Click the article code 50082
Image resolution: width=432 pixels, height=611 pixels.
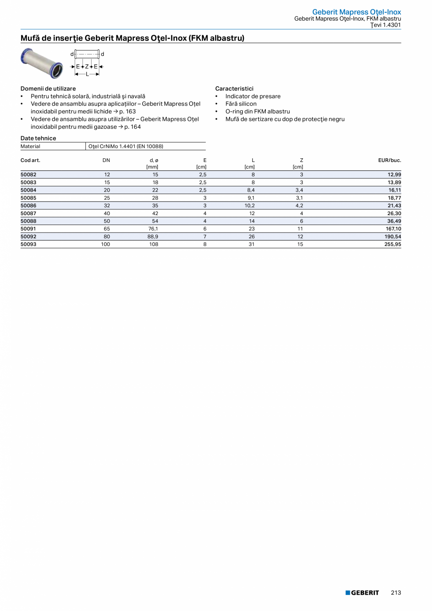[x=29, y=175]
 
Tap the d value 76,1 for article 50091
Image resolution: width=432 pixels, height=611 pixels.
[x=153, y=229]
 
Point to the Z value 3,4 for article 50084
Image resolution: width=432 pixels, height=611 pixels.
[x=299, y=190]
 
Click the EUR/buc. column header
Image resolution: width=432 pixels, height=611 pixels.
[x=389, y=160]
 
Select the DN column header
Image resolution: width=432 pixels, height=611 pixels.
[x=106, y=160]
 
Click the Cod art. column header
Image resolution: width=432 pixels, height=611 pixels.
[x=31, y=160]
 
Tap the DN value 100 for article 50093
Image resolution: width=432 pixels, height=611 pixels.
[x=106, y=244]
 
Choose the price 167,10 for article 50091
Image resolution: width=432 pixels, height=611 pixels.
[x=392, y=229]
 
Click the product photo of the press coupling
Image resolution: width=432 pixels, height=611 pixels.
[x=41, y=63]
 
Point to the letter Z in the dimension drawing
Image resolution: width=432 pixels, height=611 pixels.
[x=87, y=67]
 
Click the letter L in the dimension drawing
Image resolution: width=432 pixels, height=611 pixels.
[x=87, y=74]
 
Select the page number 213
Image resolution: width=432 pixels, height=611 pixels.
[x=395, y=593]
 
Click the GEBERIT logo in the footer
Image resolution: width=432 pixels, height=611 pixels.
[x=362, y=593]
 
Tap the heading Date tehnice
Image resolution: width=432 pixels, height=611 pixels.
[x=38, y=138]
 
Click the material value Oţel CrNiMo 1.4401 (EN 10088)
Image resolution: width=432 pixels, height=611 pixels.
[x=126, y=146]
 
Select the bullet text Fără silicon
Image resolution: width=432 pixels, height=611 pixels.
[x=240, y=104]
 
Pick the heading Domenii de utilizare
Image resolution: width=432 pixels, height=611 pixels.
[x=48, y=88]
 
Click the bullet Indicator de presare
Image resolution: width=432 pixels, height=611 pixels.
[x=253, y=96]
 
